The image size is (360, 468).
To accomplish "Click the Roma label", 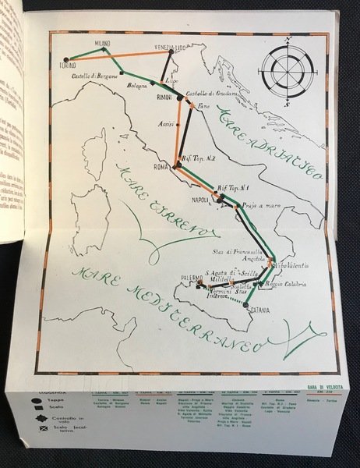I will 162,167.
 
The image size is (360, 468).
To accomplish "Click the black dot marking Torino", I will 68,57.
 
